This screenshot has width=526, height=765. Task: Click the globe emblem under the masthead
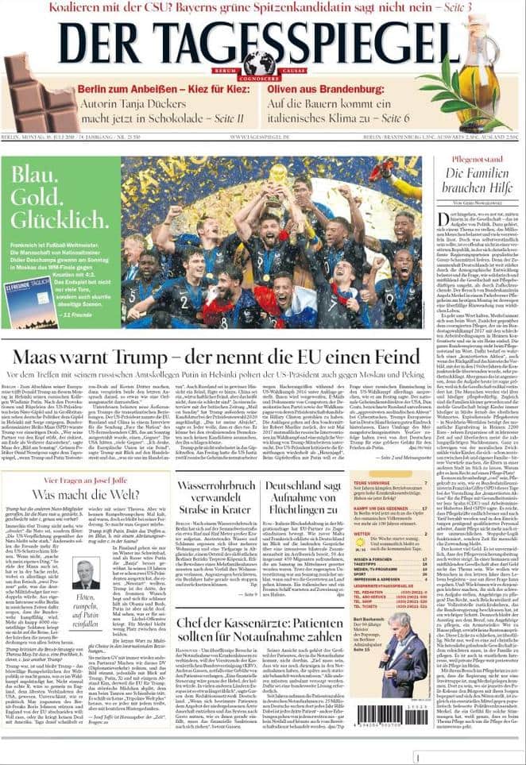pos(259,63)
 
